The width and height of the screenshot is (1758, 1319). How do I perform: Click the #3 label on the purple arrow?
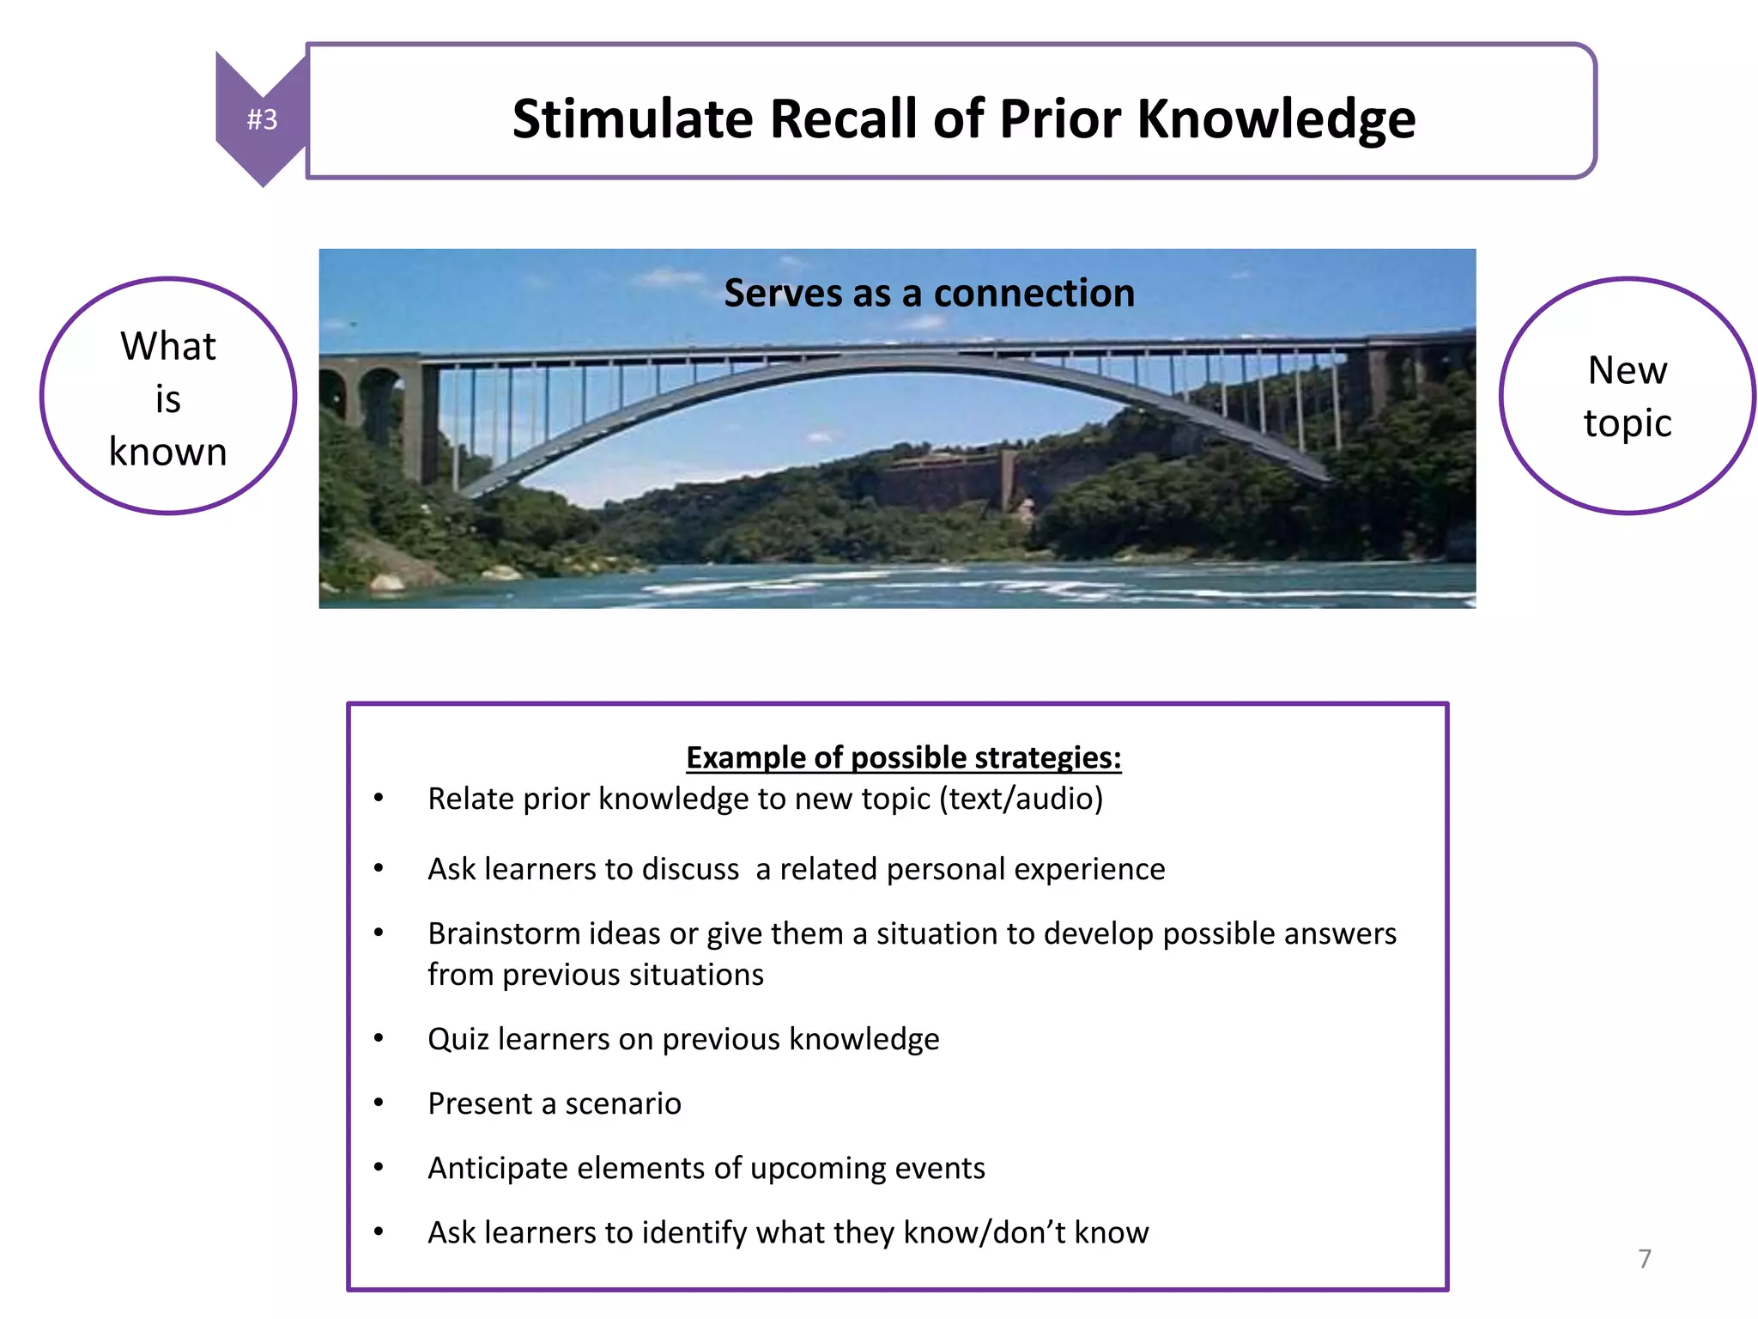coord(262,119)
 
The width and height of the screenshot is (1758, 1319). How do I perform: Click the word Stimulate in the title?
coord(633,119)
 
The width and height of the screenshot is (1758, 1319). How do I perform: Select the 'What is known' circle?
coord(168,397)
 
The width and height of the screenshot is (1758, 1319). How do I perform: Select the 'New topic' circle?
coord(1628,396)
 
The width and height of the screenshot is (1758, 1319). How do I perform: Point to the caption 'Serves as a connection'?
coord(929,294)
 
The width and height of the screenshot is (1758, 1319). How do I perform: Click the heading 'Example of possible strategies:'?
coord(903,757)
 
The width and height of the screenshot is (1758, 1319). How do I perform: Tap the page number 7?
coord(1644,1258)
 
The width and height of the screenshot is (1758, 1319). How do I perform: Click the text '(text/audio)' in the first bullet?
coord(1021,799)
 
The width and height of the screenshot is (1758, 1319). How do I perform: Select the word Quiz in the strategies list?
coord(458,1039)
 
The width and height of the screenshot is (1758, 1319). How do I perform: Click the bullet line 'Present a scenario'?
coord(555,1103)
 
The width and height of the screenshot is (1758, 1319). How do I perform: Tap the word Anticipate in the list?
coord(497,1168)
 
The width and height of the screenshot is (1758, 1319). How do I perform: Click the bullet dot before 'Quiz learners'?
coord(379,1038)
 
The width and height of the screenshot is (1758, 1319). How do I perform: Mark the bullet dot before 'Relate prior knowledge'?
coord(379,798)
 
